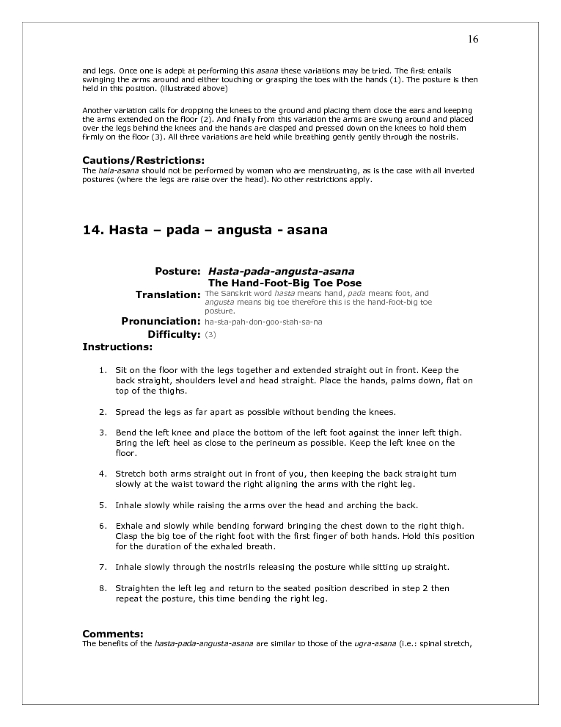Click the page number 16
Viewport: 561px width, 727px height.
coord(473,39)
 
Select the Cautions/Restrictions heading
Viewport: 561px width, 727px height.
coord(143,161)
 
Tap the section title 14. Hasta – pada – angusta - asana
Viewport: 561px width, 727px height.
coord(205,230)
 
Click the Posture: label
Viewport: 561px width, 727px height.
coord(177,271)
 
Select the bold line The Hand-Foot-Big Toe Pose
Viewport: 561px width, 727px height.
coord(285,283)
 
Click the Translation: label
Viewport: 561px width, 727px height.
coord(168,294)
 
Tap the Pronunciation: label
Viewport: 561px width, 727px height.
coord(161,321)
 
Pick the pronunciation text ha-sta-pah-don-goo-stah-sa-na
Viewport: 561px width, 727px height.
coord(263,322)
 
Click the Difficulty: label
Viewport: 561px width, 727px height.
coord(174,334)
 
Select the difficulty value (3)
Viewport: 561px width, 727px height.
coord(210,335)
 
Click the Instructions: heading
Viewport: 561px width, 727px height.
coord(117,346)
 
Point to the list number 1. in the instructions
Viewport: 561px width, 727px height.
coord(103,370)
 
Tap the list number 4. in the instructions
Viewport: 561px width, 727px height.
coord(103,474)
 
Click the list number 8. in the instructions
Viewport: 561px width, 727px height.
coord(103,588)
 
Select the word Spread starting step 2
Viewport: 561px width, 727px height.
coord(129,411)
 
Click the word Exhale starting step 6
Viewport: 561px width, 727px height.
coord(130,526)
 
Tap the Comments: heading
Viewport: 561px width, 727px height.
coord(112,633)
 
